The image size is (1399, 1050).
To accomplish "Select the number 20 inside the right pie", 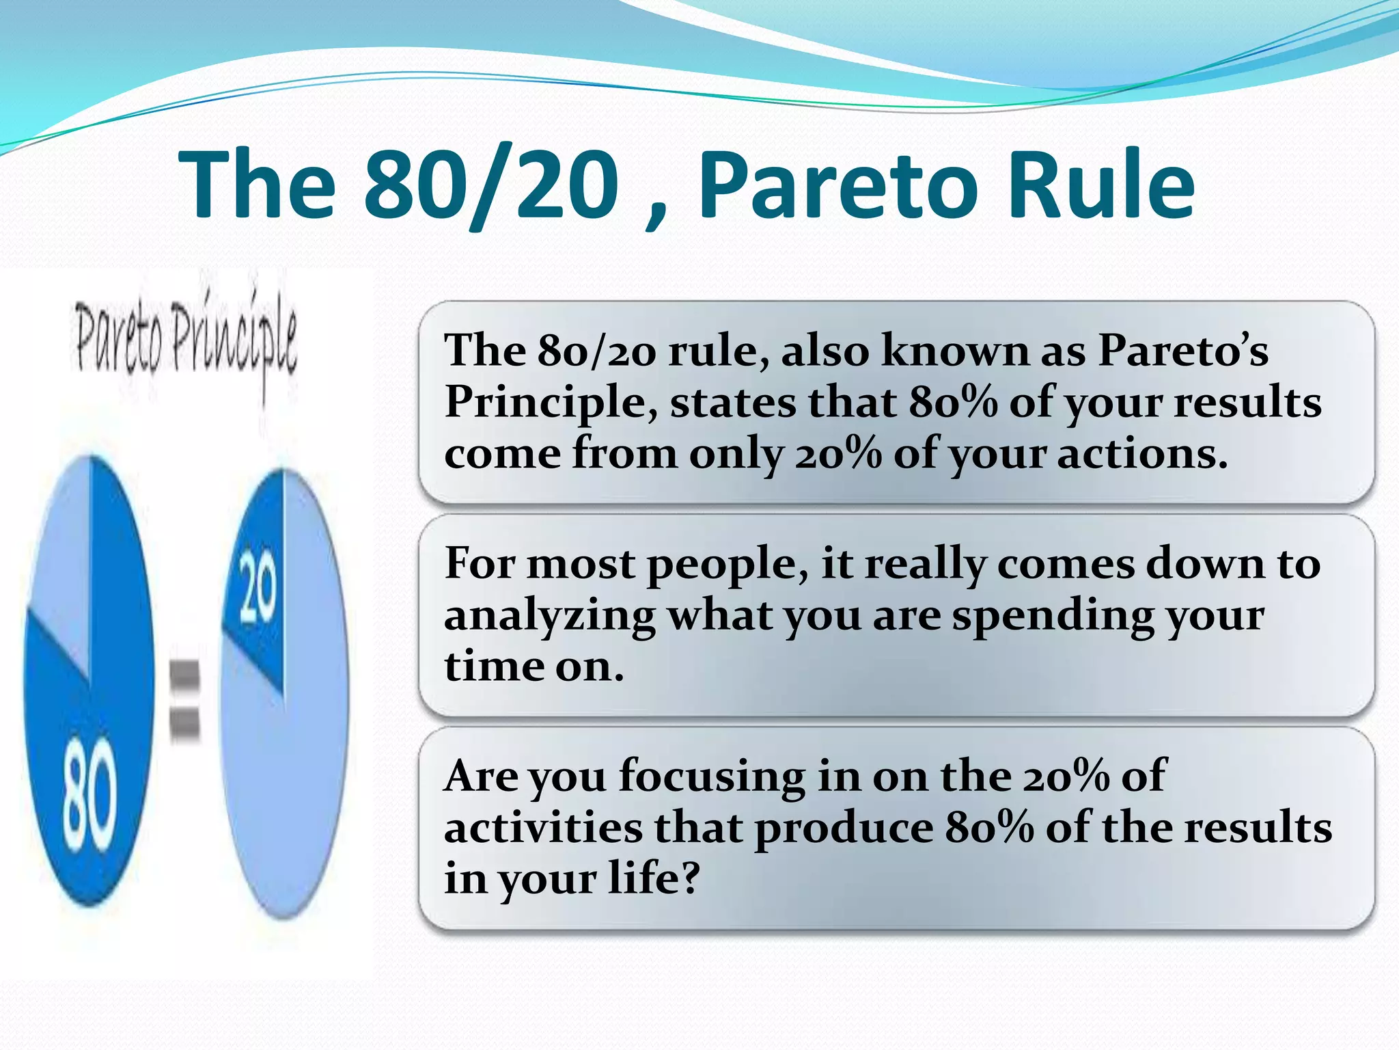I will (x=258, y=588).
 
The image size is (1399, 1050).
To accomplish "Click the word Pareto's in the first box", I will (x=1182, y=350).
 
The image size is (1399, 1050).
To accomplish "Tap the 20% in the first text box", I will (x=838, y=453).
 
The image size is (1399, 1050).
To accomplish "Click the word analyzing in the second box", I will (x=549, y=615).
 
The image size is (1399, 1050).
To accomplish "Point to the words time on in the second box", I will (x=534, y=666).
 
